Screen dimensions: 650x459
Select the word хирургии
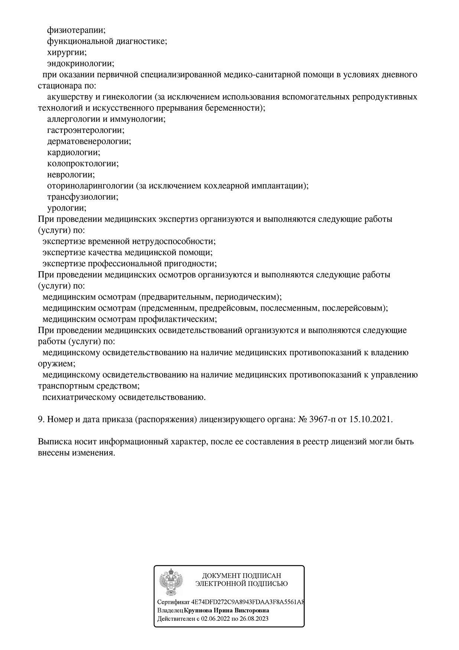click(x=67, y=52)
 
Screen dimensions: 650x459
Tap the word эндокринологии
click(x=80, y=64)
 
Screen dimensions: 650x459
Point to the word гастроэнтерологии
click(x=85, y=130)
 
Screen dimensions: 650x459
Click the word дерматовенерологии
click(x=89, y=142)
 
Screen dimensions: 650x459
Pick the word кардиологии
click(x=74, y=153)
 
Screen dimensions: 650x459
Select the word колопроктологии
click(x=83, y=163)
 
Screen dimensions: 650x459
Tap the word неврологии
click(x=71, y=175)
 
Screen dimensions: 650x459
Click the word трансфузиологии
click(x=82, y=197)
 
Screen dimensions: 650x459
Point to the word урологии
click(x=66, y=208)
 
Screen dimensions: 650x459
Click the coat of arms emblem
click(x=171, y=582)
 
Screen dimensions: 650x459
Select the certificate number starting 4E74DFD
click(x=247, y=602)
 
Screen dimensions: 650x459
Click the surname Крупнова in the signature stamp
click(x=199, y=610)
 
